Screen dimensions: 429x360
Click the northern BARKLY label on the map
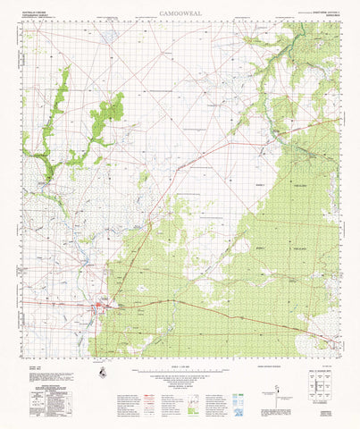(262, 185)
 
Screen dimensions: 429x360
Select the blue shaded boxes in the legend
(239, 394)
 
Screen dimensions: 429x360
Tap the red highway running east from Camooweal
(205, 308)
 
